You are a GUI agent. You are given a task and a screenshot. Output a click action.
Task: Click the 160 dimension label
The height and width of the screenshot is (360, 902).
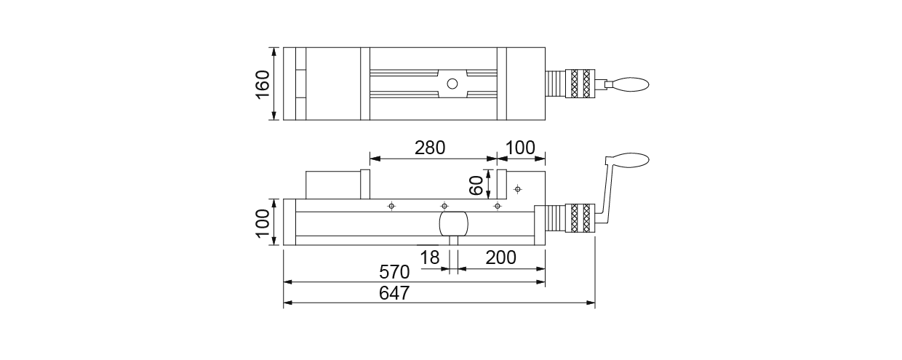tap(263, 84)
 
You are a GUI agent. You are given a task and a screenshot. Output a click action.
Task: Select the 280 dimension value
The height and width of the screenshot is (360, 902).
tap(430, 148)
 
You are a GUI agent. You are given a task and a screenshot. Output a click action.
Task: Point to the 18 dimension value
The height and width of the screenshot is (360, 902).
tap(431, 257)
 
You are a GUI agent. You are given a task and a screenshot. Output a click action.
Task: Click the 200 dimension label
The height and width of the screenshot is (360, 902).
tap(500, 257)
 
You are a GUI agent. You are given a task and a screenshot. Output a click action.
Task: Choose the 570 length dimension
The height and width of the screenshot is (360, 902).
tap(395, 272)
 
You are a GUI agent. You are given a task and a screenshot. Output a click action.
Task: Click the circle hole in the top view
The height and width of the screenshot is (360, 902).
tap(452, 84)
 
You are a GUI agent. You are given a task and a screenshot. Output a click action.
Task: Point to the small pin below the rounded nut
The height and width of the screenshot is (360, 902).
tap(453, 241)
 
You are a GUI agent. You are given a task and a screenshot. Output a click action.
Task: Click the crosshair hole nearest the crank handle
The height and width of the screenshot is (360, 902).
tap(517, 189)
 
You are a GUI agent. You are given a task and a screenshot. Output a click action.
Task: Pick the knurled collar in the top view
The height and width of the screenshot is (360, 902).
tap(581, 84)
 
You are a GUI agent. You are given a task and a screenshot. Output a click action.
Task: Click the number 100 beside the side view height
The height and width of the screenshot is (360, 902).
tap(263, 222)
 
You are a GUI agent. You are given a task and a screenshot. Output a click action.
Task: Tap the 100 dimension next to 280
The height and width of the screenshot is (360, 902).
tap(519, 148)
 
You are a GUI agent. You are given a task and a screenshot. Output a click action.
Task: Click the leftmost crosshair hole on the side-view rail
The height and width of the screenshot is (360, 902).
tap(391, 206)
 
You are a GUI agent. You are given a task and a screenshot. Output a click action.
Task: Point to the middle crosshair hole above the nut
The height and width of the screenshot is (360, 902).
tap(444, 206)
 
